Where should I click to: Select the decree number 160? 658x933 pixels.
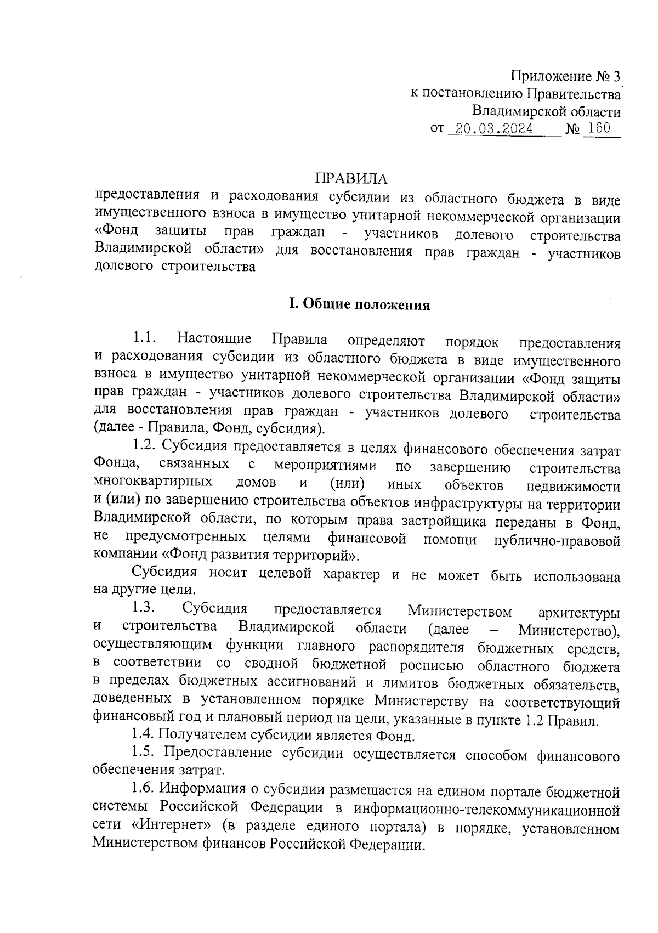[598, 129]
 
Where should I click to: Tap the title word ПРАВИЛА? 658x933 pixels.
[351, 179]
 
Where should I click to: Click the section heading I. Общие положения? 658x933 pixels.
[359, 305]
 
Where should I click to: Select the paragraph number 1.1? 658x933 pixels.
[145, 340]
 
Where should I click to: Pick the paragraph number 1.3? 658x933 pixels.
[145, 608]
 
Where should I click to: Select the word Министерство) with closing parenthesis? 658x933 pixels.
[569, 630]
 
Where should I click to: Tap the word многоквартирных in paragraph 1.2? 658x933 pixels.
[153, 483]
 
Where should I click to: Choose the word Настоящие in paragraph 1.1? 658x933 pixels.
[214, 340]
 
